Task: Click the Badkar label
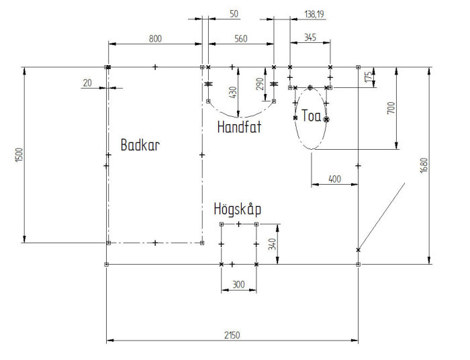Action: point(140,145)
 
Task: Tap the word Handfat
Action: point(239,127)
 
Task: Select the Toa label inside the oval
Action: point(312,116)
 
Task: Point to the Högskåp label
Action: point(238,209)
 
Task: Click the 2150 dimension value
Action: point(232,335)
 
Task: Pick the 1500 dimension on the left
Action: point(19,155)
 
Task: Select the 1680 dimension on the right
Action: point(424,165)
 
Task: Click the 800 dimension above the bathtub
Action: point(155,39)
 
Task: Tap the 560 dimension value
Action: point(241,39)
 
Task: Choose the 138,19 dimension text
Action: point(314,14)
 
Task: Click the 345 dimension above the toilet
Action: point(310,38)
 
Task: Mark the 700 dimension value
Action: point(391,108)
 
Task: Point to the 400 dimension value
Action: point(334,179)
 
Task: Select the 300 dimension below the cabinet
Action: point(238,285)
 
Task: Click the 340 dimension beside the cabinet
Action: point(272,244)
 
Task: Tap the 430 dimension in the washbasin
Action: point(233,92)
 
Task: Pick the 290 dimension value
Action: point(260,84)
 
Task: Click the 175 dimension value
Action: point(369,77)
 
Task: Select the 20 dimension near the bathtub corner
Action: point(87,83)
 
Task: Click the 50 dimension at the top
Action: point(234,14)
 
